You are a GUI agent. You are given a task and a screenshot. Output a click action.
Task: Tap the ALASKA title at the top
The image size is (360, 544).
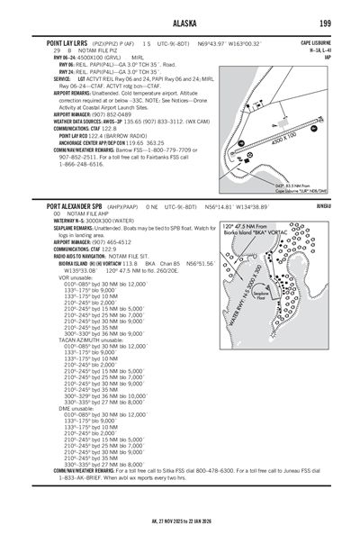(x=180, y=18)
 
